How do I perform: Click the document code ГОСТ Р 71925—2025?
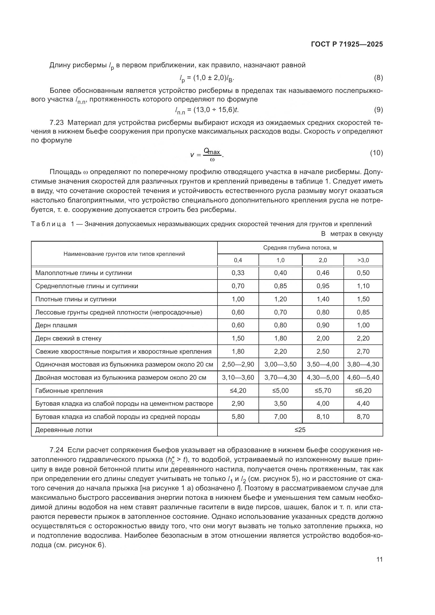point(347,44)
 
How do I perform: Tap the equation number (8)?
point(378,78)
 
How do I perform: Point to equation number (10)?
point(376,153)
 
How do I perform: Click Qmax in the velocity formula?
point(212,151)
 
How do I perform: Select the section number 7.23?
point(57,123)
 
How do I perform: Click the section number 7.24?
point(57,450)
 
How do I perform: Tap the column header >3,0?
point(363,260)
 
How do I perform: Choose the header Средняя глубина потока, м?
point(300,248)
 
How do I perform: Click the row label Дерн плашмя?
point(56,326)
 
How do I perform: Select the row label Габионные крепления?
point(69,391)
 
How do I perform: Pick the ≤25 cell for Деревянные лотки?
point(300,430)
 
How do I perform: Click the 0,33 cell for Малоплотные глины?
point(238,273)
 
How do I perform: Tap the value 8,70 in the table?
point(363,417)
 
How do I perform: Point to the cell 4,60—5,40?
point(363,378)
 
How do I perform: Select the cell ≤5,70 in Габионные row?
point(323,391)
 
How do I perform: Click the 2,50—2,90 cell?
point(238,364)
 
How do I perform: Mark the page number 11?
point(379,560)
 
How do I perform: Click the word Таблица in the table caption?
point(48,224)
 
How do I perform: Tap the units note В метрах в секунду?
point(352,234)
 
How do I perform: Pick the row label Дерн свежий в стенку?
point(68,339)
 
